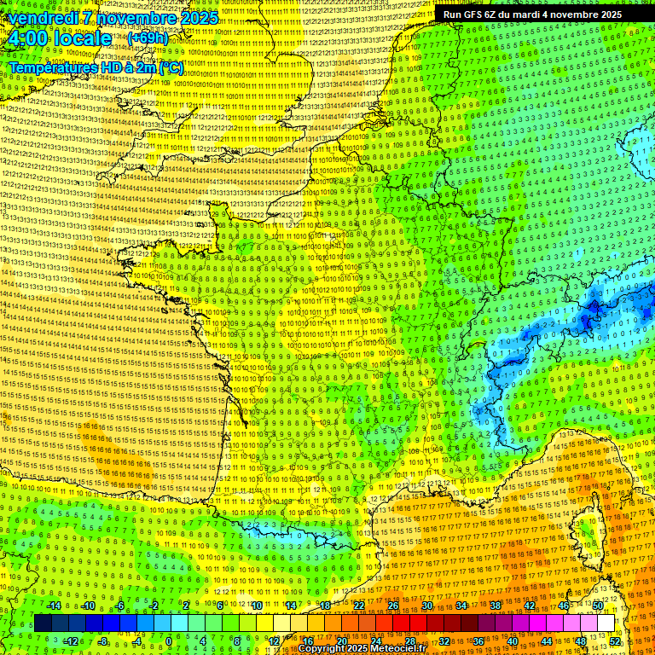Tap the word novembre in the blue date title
tap(134, 18)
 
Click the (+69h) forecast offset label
tap(148, 39)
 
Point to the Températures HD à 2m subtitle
tap(96, 67)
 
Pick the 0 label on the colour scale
tap(169, 641)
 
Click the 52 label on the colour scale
tap(615, 641)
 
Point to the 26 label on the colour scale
tap(393, 606)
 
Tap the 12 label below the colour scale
tap(273, 641)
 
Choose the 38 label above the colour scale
tap(496, 606)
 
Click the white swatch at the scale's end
tap(606, 623)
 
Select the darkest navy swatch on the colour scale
tap(43, 623)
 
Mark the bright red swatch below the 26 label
tap(401, 623)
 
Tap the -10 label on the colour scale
tap(88, 606)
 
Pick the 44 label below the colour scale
tap(547, 641)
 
